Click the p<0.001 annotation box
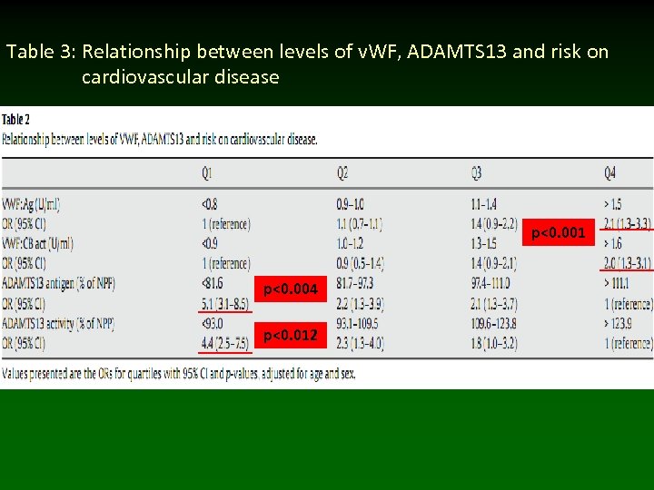click(559, 234)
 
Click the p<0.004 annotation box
click(291, 289)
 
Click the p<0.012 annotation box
click(291, 336)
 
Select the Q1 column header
click(209, 172)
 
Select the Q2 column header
click(342, 172)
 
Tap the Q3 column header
click(477, 172)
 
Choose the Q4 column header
click(610, 172)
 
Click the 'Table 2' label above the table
click(16, 119)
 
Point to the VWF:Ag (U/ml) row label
click(33, 204)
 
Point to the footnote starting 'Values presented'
click(178, 372)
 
